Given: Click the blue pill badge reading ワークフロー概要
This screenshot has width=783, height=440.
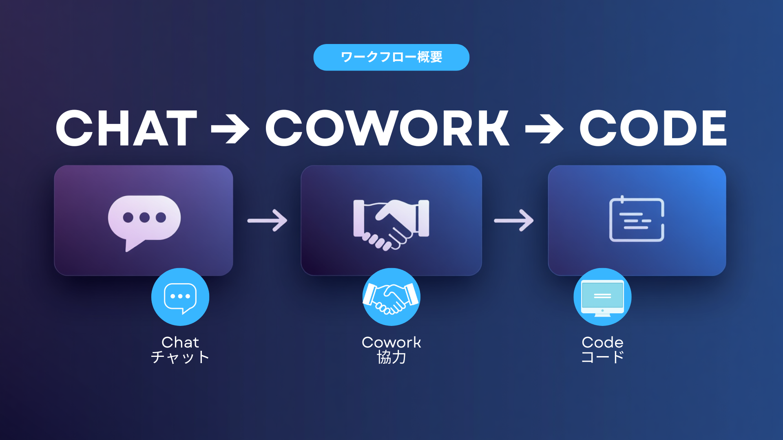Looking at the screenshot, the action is [391, 57].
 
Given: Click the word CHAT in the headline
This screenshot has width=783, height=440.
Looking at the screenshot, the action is [127, 128].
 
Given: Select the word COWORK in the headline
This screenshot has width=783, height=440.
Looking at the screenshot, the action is [387, 128].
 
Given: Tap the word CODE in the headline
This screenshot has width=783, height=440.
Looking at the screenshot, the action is [653, 128].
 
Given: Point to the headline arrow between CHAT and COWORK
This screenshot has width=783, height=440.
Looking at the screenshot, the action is [230, 129].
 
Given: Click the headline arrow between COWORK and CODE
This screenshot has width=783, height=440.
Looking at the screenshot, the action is [544, 129].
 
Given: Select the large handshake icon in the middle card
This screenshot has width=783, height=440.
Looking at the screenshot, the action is [391, 224].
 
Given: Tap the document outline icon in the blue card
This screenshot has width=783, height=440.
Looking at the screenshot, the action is [637, 219].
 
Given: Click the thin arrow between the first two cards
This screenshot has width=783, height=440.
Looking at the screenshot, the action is [267, 220].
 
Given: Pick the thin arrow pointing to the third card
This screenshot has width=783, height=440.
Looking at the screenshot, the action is [514, 220].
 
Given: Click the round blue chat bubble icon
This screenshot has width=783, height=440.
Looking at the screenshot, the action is [180, 297].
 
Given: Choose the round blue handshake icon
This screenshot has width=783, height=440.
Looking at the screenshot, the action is [391, 297].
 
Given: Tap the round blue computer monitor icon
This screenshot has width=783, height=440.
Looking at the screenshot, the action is [602, 297].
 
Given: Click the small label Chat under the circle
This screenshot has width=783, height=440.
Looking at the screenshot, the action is [180, 342].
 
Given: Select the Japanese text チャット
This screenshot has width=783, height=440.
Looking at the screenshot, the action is [180, 357].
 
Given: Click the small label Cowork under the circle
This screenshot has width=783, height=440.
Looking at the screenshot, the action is [391, 342].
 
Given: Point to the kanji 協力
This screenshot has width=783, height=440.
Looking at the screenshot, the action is [391, 357].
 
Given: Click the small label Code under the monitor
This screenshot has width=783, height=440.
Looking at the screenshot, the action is [603, 342].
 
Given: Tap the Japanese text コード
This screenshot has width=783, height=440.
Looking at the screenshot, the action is [603, 357].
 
